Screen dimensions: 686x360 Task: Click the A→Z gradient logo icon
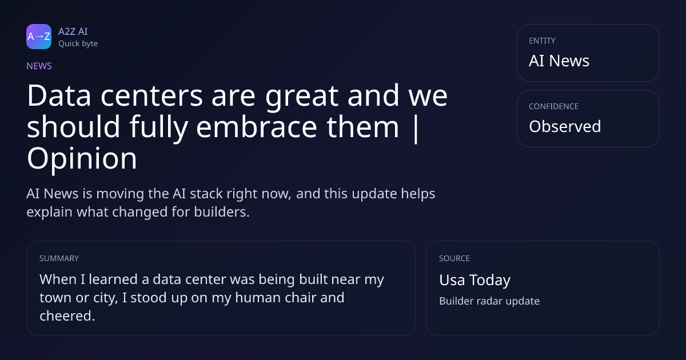(39, 37)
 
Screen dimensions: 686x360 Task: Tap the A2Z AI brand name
(73, 31)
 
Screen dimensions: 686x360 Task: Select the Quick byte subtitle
(78, 44)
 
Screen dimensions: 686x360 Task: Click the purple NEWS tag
(39, 66)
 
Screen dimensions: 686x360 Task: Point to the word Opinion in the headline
(82, 159)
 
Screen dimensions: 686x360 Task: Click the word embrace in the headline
(257, 126)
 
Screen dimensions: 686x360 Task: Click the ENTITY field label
(542, 41)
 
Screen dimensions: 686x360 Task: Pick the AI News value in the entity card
(559, 61)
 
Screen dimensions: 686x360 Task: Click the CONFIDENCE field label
(554, 106)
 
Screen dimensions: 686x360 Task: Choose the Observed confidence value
(565, 126)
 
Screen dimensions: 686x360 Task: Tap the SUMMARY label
(59, 258)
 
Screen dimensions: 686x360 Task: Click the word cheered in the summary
(67, 315)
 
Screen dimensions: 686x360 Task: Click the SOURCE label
(454, 258)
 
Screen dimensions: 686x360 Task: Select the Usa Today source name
(474, 280)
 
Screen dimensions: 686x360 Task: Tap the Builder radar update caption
(489, 301)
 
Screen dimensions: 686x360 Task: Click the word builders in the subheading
(222, 212)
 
